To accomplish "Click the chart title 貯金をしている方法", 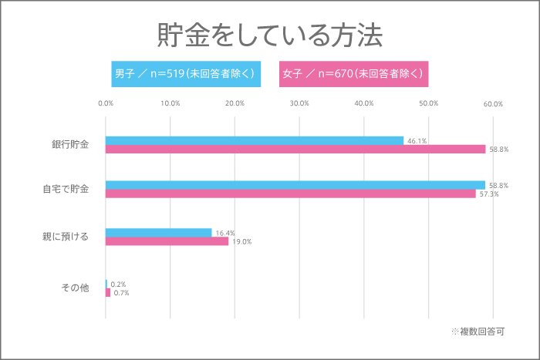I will coord(269,35).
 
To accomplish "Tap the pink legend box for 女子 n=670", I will coord(353,74).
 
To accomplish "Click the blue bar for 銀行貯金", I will coord(255,140).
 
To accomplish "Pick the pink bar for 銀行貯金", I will coord(295,150).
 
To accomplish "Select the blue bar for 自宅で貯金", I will coord(295,185).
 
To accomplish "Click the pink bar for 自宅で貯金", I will coord(291,194).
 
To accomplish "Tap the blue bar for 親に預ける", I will coord(158,232).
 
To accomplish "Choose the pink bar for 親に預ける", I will coord(167,241).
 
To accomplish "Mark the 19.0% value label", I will coord(242,242).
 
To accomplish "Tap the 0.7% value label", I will coord(121,293).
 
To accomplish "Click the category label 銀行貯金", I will coord(70,145).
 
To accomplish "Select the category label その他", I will coord(76,288).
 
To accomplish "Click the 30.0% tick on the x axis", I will coord(299,103).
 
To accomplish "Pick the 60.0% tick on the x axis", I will coord(493,103).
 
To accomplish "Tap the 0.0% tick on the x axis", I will coord(106,103).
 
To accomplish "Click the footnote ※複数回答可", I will coord(478,331).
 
